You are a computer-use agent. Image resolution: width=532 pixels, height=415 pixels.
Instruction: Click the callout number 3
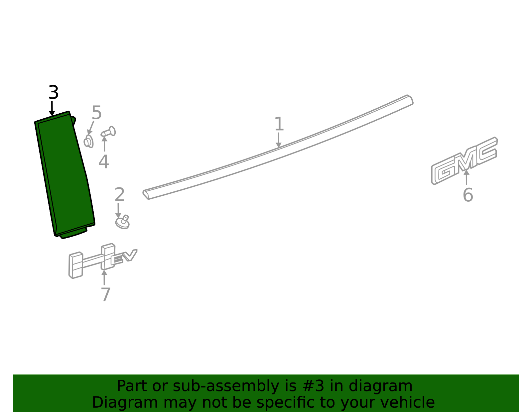point(54,92)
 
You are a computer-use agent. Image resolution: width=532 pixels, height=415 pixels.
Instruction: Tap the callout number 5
point(96,113)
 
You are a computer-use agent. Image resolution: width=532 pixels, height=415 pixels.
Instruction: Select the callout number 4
point(103,161)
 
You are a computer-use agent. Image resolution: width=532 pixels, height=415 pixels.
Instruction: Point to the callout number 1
point(279,124)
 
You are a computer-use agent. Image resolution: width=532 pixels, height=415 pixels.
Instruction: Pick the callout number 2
point(120,194)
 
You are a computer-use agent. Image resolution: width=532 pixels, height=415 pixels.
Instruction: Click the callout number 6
point(468,195)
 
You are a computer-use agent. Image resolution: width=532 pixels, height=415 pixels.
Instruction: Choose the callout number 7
point(106,294)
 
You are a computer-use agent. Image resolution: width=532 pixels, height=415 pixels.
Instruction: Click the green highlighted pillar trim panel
point(65,175)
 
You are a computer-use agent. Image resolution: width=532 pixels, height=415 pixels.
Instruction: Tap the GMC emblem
point(464,160)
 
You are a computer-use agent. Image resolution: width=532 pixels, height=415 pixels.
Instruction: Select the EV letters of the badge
point(124,257)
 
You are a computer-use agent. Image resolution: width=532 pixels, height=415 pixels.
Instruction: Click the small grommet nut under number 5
point(88,142)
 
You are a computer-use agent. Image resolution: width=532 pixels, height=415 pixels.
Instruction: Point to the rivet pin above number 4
point(108,132)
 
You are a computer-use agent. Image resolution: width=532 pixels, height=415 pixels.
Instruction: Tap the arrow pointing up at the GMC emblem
point(466,177)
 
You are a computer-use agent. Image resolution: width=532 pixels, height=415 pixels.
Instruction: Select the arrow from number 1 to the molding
point(278,140)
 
